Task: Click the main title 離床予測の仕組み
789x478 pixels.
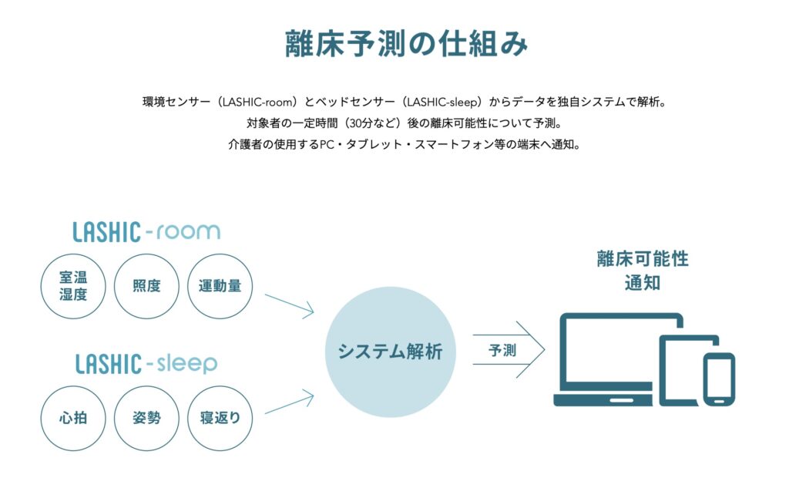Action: click(x=406, y=44)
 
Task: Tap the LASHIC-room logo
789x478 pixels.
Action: click(x=146, y=231)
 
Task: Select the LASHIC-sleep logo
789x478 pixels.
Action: click(x=146, y=363)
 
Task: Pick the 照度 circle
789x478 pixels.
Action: click(x=147, y=286)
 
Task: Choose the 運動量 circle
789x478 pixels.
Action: click(x=220, y=286)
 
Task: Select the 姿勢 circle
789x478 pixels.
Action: click(x=147, y=418)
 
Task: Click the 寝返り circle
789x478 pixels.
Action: click(x=220, y=418)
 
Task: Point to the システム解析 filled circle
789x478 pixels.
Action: click(x=390, y=352)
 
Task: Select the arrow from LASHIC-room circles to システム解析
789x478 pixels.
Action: click(x=288, y=305)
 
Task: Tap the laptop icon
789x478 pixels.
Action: click(x=609, y=358)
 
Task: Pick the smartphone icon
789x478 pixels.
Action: click(x=718, y=379)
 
